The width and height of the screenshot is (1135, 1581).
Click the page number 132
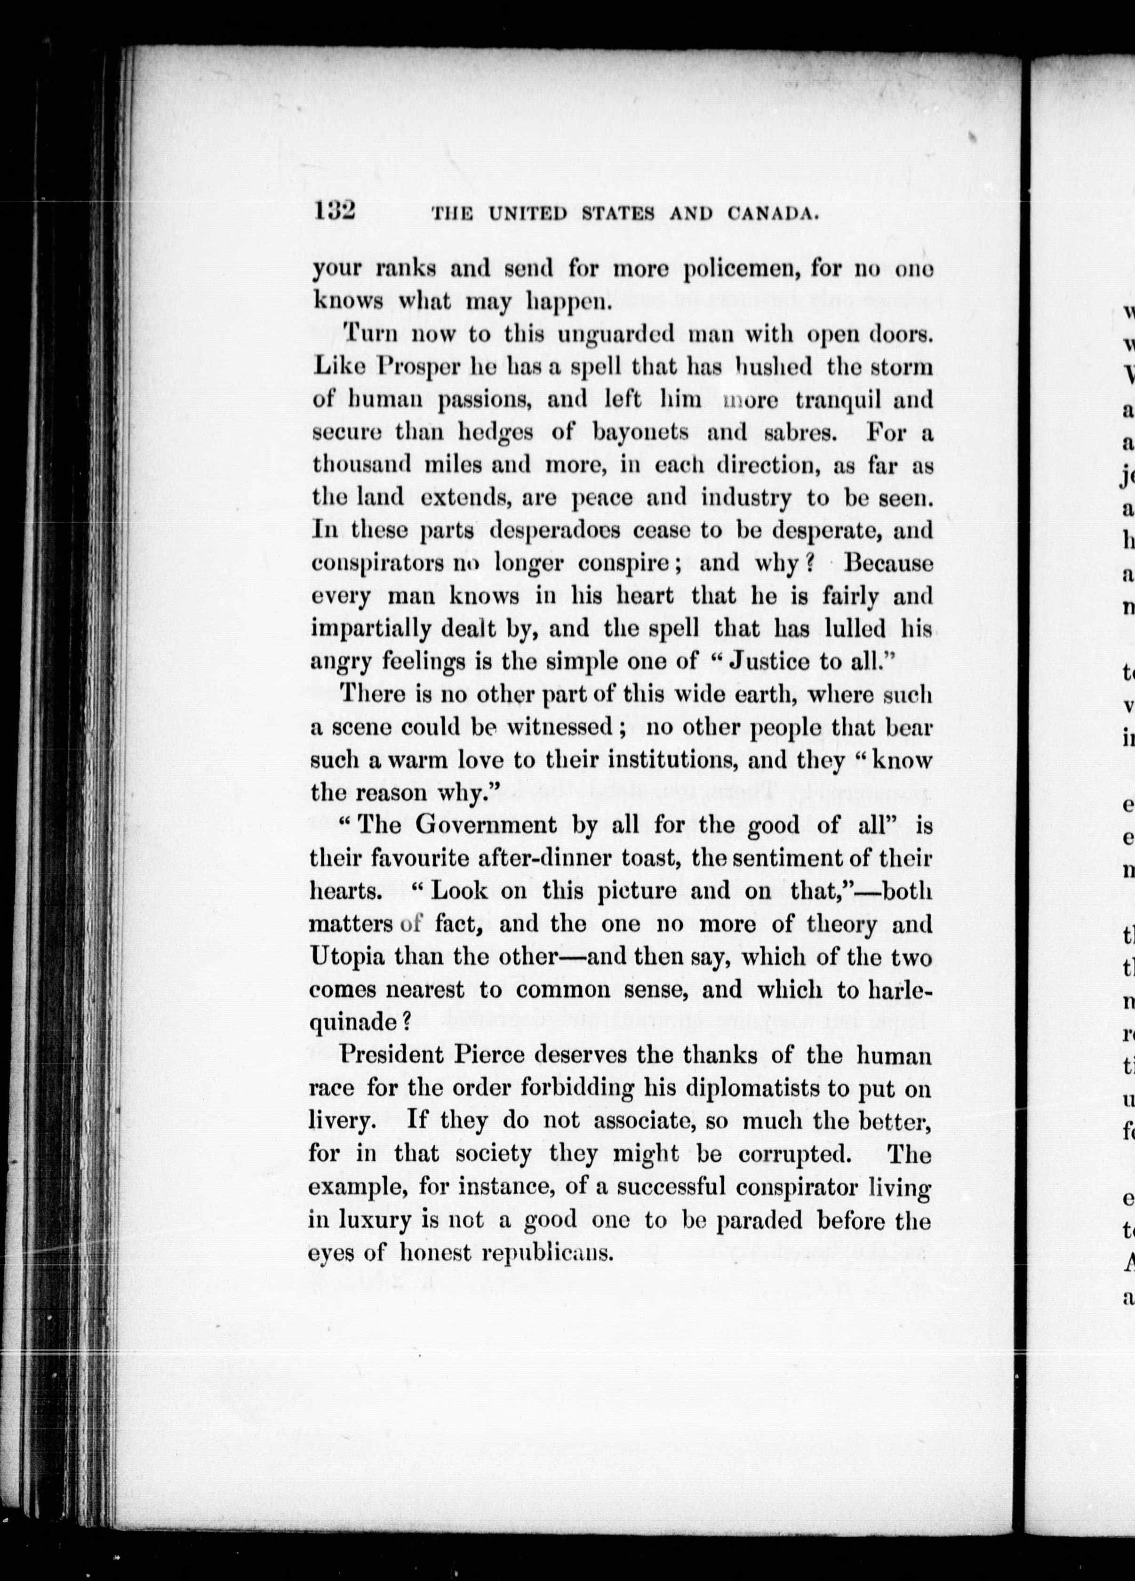(x=335, y=210)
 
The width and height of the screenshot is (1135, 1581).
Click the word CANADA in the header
(x=772, y=214)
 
